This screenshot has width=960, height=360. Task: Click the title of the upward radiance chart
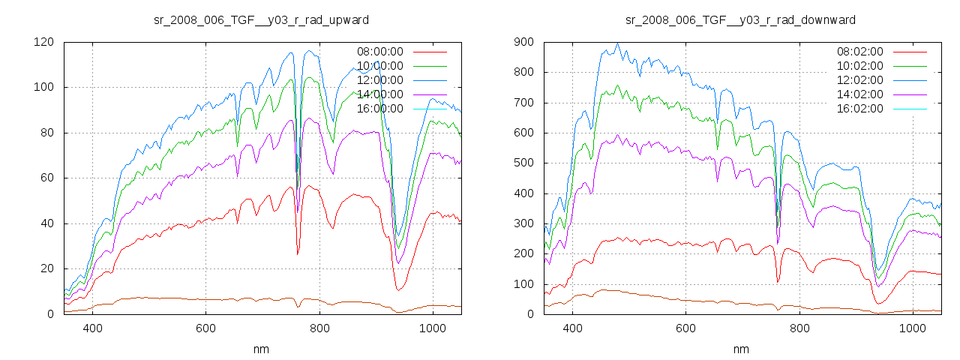261,19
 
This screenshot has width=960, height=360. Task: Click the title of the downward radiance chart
741,19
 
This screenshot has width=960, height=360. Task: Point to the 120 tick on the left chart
43,42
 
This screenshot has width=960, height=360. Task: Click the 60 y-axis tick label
46,178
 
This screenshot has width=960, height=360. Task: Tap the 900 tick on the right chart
523,42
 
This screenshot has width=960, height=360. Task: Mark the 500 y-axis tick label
523,163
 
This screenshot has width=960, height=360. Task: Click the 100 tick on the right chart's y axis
523,284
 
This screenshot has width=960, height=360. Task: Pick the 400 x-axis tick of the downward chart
572,328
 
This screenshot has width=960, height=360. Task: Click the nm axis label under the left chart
261,349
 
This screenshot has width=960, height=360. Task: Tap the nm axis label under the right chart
741,349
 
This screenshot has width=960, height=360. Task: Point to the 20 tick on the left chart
46,269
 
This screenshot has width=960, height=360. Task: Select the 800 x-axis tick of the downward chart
799,328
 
